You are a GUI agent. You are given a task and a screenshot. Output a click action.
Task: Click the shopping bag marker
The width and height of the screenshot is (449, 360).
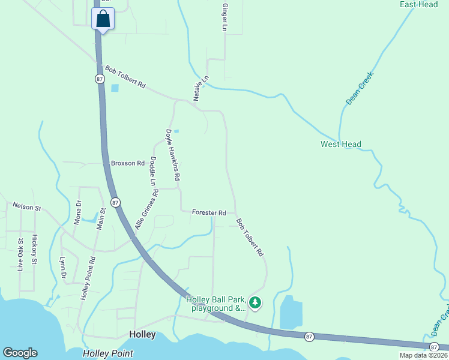pos(103,19)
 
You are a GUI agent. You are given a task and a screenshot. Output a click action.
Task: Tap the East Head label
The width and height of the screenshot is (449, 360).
pos(418,5)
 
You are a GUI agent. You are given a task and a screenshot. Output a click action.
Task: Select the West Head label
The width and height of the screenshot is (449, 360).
pos(341,144)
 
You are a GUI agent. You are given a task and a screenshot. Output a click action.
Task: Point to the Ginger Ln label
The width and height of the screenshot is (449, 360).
pos(225,17)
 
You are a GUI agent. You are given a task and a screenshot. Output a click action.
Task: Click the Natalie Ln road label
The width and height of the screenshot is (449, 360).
pos(200,88)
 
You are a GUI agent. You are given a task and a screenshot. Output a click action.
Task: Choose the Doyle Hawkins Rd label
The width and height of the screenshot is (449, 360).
pos(173,155)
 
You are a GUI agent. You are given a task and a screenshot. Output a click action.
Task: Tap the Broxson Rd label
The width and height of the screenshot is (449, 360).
pos(128,163)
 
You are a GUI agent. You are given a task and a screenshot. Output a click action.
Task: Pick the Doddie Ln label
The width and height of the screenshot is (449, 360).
pos(153,171)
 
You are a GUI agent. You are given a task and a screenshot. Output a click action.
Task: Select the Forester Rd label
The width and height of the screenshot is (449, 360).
pos(209,212)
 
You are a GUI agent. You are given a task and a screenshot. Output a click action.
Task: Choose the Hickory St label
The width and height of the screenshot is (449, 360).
pos(34,250)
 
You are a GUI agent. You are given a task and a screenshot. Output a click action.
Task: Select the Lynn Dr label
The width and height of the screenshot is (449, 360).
pos(62,267)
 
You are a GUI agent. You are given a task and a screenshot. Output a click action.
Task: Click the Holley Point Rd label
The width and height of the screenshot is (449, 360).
pos(88,278)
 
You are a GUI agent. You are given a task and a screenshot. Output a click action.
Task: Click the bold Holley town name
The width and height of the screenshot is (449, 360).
pos(143,334)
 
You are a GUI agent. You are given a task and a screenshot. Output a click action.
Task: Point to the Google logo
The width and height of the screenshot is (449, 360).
pos(20,353)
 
